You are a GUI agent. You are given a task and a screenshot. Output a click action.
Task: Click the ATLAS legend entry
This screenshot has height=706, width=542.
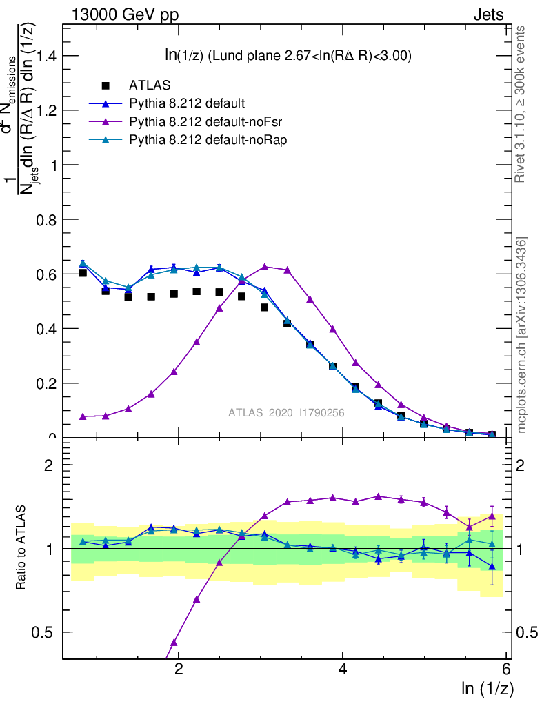pyautogui.click(x=150, y=86)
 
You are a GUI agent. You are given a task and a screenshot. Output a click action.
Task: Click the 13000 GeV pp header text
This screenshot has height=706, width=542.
pyautogui.click(x=124, y=15)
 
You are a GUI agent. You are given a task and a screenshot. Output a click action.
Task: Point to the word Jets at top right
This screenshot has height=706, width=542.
pyautogui.click(x=488, y=15)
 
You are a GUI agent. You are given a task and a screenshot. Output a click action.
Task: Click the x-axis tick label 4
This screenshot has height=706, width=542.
pyautogui.click(x=343, y=669)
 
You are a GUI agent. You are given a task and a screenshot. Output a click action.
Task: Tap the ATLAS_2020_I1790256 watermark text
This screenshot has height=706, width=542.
pyautogui.click(x=286, y=413)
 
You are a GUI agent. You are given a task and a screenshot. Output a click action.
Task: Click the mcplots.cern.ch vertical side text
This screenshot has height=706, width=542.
pyautogui.click(x=523, y=335)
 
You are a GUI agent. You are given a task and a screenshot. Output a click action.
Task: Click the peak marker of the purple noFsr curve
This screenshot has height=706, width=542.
pyautogui.click(x=264, y=266)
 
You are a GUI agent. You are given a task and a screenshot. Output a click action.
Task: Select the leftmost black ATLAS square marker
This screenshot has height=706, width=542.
pyautogui.click(x=83, y=273)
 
